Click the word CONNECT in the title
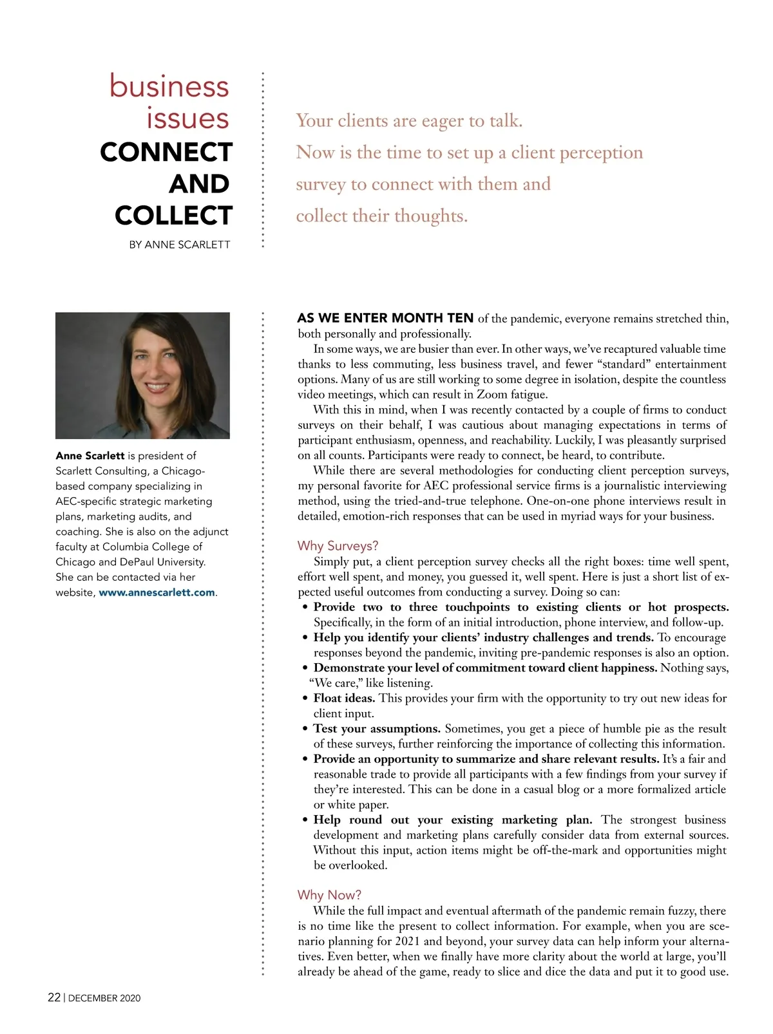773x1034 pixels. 166,153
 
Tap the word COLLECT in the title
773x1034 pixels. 173,216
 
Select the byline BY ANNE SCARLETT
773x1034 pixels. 179,245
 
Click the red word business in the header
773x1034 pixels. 169,86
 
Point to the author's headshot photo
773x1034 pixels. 142,375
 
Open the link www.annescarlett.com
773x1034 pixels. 157,592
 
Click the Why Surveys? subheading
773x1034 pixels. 338,546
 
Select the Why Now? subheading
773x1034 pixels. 329,895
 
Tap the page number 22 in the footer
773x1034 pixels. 54,997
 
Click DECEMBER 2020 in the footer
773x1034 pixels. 104,998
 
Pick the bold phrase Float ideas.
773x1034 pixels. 344,698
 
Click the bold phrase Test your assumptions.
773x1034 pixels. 377,729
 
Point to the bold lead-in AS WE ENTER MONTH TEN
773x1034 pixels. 385,318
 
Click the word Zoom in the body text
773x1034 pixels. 492,395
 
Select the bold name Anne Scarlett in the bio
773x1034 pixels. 90,456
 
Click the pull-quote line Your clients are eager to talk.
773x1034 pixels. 409,121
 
